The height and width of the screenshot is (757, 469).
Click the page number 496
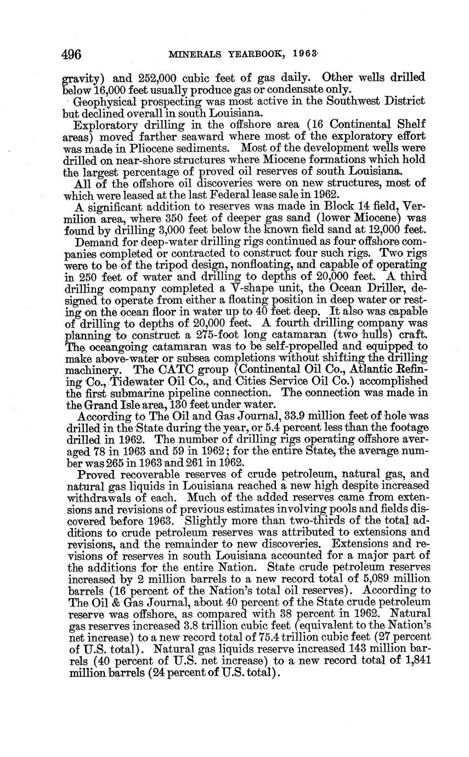71,54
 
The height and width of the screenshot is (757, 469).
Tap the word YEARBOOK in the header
256,55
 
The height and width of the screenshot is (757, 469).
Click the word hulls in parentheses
363,335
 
